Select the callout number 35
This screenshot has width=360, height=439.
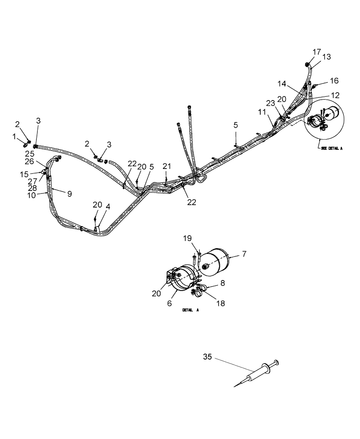click(207, 357)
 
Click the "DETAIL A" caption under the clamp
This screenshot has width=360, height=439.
click(191, 310)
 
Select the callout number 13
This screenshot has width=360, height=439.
click(327, 57)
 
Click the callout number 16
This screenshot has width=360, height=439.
click(335, 81)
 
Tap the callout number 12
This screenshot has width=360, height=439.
click(335, 95)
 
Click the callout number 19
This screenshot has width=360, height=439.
click(187, 238)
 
